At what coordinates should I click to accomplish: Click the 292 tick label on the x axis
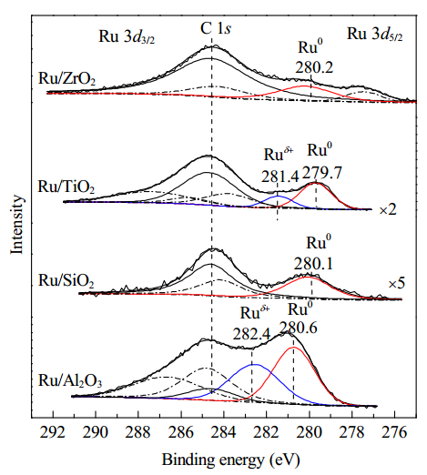point(53,432)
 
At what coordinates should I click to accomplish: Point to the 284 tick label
point(224,432)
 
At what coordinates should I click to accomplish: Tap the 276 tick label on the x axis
point(394,432)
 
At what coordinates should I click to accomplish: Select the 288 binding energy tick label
point(138,432)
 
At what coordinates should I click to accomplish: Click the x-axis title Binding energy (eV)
point(230,460)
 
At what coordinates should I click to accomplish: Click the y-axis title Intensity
point(17,224)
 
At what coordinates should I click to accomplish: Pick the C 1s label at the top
point(216,29)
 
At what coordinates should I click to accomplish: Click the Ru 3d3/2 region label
point(127,37)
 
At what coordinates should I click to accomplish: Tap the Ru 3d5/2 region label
point(375,34)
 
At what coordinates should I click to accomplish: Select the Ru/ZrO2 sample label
point(66,78)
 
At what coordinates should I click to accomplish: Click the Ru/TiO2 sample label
point(66,187)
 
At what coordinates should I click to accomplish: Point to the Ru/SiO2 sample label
point(66,280)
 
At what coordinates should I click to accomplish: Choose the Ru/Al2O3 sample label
point(70,380)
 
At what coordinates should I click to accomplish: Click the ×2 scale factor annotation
point(388,210)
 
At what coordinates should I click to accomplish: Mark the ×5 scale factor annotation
point(397,284)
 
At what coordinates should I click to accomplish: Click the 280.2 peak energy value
point(314,67)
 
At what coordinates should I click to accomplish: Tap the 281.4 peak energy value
point(280,176)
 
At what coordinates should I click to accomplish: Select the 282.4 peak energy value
point(251,335)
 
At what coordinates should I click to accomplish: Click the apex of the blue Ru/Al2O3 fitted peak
point(255,365)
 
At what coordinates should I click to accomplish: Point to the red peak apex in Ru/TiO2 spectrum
point(316,183)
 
